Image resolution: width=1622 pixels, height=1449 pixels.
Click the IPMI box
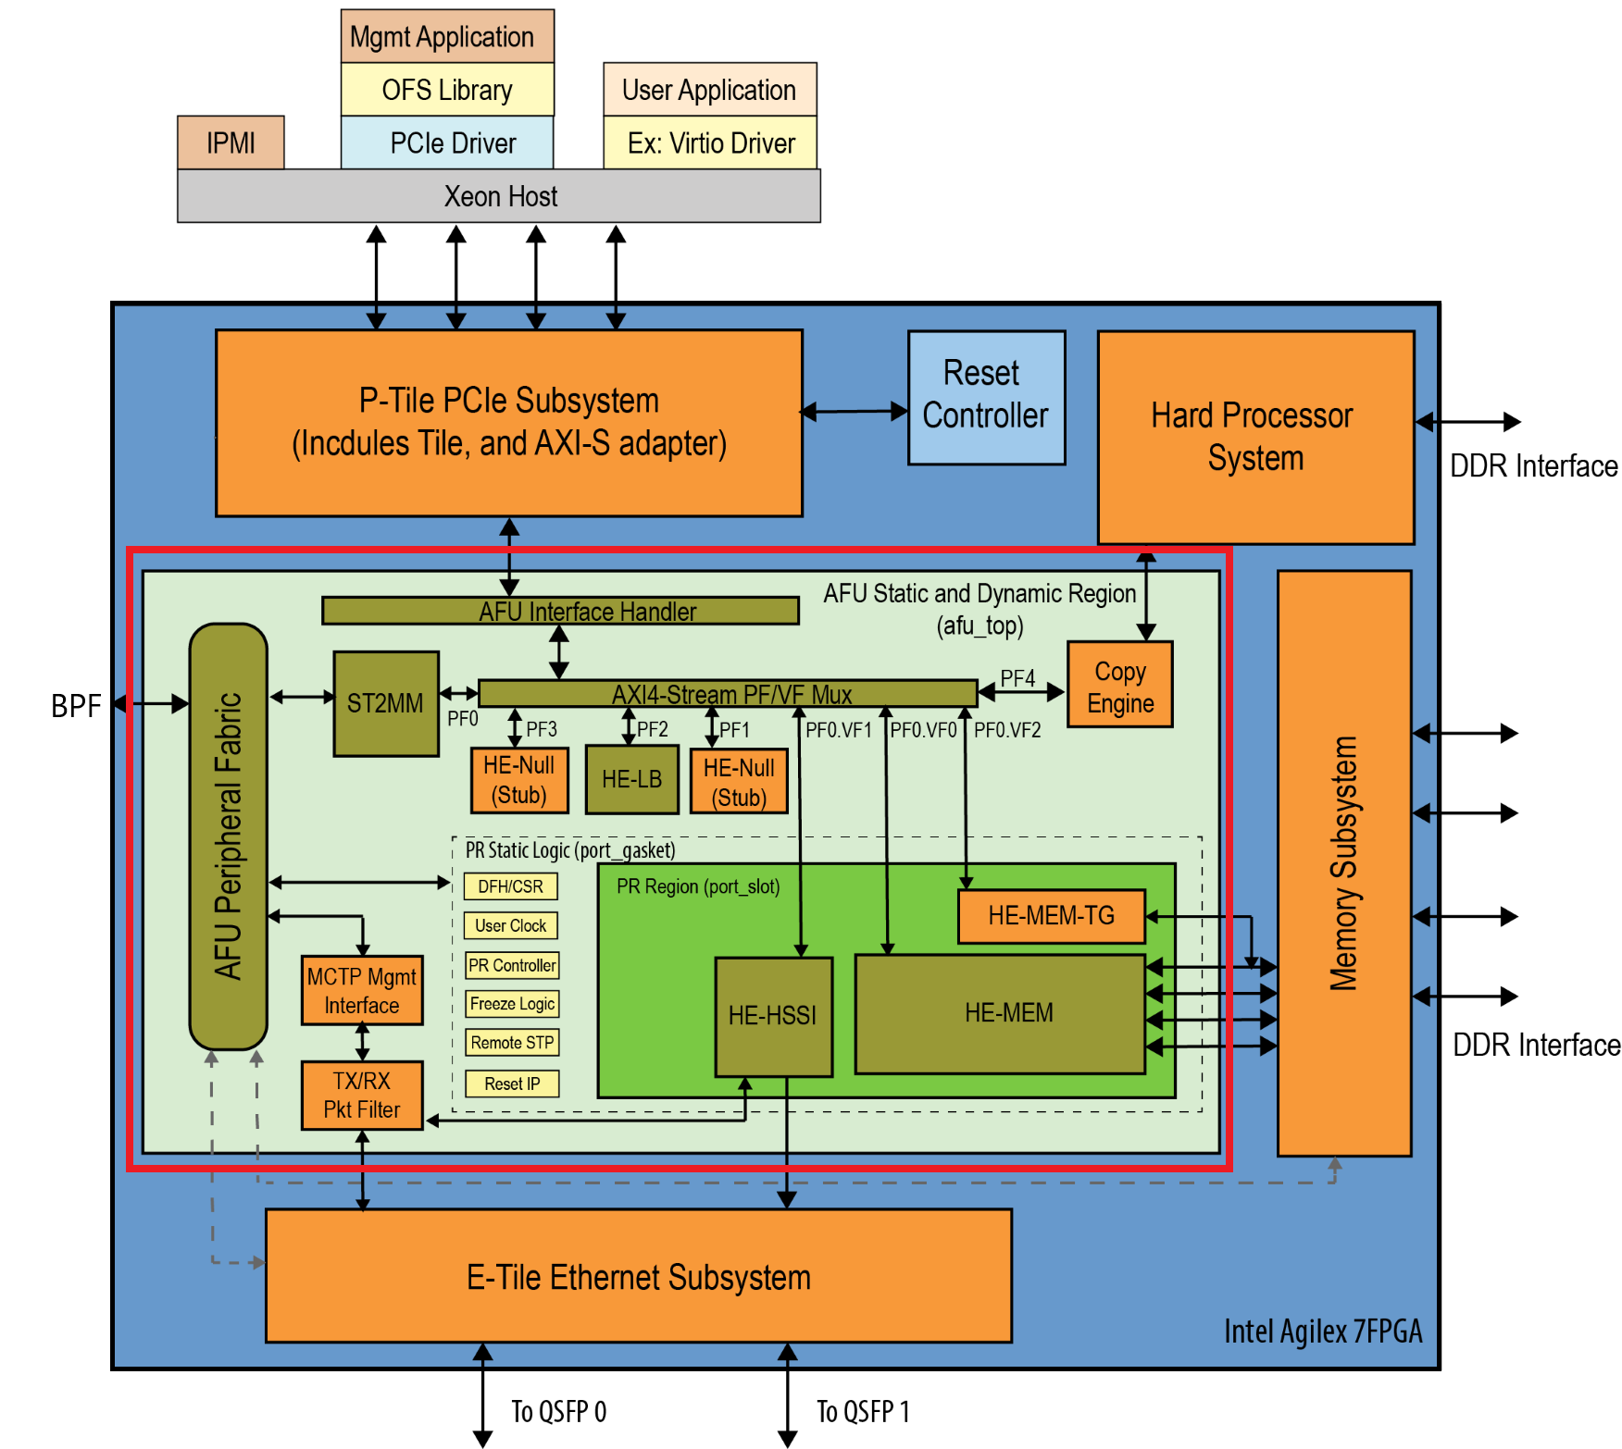click(x=231, y=142)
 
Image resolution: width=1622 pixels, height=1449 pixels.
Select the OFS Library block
click(x=447, y=90)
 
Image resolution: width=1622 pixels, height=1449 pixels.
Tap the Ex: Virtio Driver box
click(x=710, y=142)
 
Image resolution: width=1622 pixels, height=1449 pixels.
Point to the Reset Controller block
click(x=986, y=397)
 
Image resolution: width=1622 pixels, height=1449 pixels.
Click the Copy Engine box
click(x=1120, y=685)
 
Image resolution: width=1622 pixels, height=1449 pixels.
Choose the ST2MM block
click(x=385, y=703)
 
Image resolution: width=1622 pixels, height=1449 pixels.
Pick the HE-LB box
click(x=632, y=779)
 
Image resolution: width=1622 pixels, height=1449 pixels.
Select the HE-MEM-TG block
click(x=1051, y=916)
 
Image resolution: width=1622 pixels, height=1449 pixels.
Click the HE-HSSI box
click(x=773, y=1016)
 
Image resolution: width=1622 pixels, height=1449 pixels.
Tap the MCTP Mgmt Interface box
click(x=362, y=990)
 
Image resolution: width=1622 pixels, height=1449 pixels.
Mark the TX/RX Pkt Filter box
click(x=362, y=1095)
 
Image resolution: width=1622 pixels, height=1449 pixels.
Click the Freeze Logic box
click(x=512, y=1004)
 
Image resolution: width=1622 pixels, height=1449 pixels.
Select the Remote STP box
click(x=512, y=1043)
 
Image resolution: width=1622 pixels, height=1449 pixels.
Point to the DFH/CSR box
click(x=511, y=886)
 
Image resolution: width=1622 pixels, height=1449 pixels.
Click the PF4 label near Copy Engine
click(x=1017, y=678)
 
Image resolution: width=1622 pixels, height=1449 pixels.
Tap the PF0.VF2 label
click(x=1007, y=730)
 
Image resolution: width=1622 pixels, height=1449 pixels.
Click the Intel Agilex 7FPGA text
click(x=1322, y=1331)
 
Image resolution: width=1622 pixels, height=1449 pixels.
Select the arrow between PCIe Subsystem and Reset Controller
click(x=855, y=411)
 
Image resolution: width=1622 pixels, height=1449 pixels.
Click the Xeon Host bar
click(x=499, y=196)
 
